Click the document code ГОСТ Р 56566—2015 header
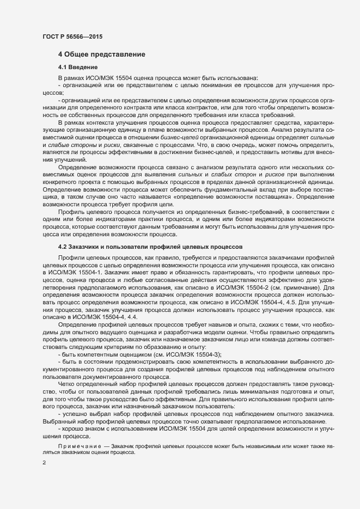pyautogui.click(x=72, y=36)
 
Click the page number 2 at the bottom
pyautogui.click(x=44, y=463)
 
